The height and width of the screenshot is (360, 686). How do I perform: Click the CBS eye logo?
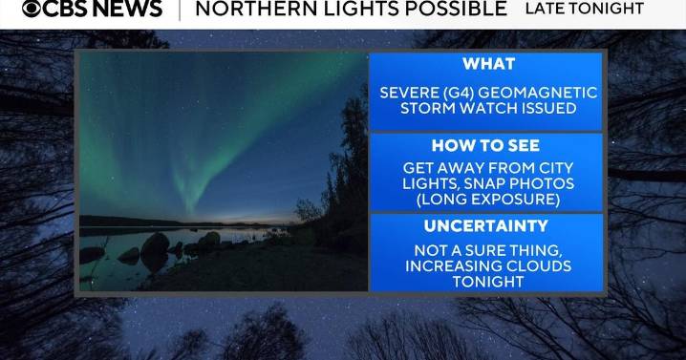point(33,10)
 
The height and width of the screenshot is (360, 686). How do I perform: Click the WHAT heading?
point(487,64)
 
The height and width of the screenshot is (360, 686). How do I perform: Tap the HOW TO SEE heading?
point(485,146)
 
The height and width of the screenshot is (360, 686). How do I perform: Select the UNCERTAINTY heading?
point(486,226)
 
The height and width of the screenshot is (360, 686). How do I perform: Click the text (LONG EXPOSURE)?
point(487,199)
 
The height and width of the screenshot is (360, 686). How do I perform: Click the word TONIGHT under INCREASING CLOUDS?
point(487,282)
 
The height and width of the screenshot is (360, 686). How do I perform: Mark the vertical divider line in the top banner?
point(179,10)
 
